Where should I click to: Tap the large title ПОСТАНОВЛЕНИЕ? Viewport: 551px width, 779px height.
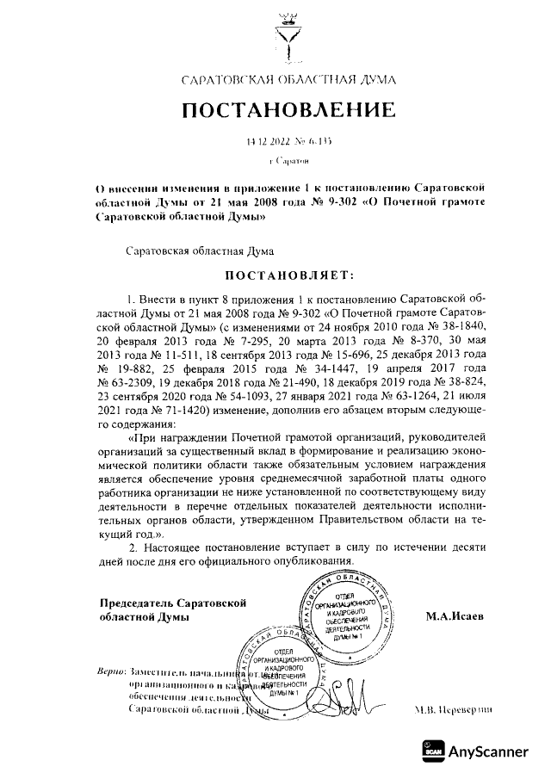pos(288,110)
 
